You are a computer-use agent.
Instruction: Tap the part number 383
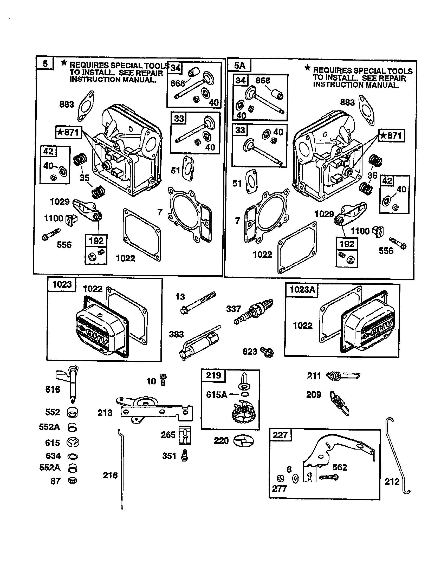(x=176, y=334)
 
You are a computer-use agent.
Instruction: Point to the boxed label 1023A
(x=302, y=290)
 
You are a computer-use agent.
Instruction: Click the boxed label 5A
(x=239, y=66)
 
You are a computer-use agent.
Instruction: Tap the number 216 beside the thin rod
(x=110, y=475)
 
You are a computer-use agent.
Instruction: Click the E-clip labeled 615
(x=73, y=443)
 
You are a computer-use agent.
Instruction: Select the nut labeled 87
(x=72, y=481)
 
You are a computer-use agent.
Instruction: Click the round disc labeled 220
(x=243, y=441)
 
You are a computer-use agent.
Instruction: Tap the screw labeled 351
(x=185, y=456)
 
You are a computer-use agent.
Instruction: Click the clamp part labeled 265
(x=185, y=435)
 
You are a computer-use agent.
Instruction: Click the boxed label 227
(x=280, y=435)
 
